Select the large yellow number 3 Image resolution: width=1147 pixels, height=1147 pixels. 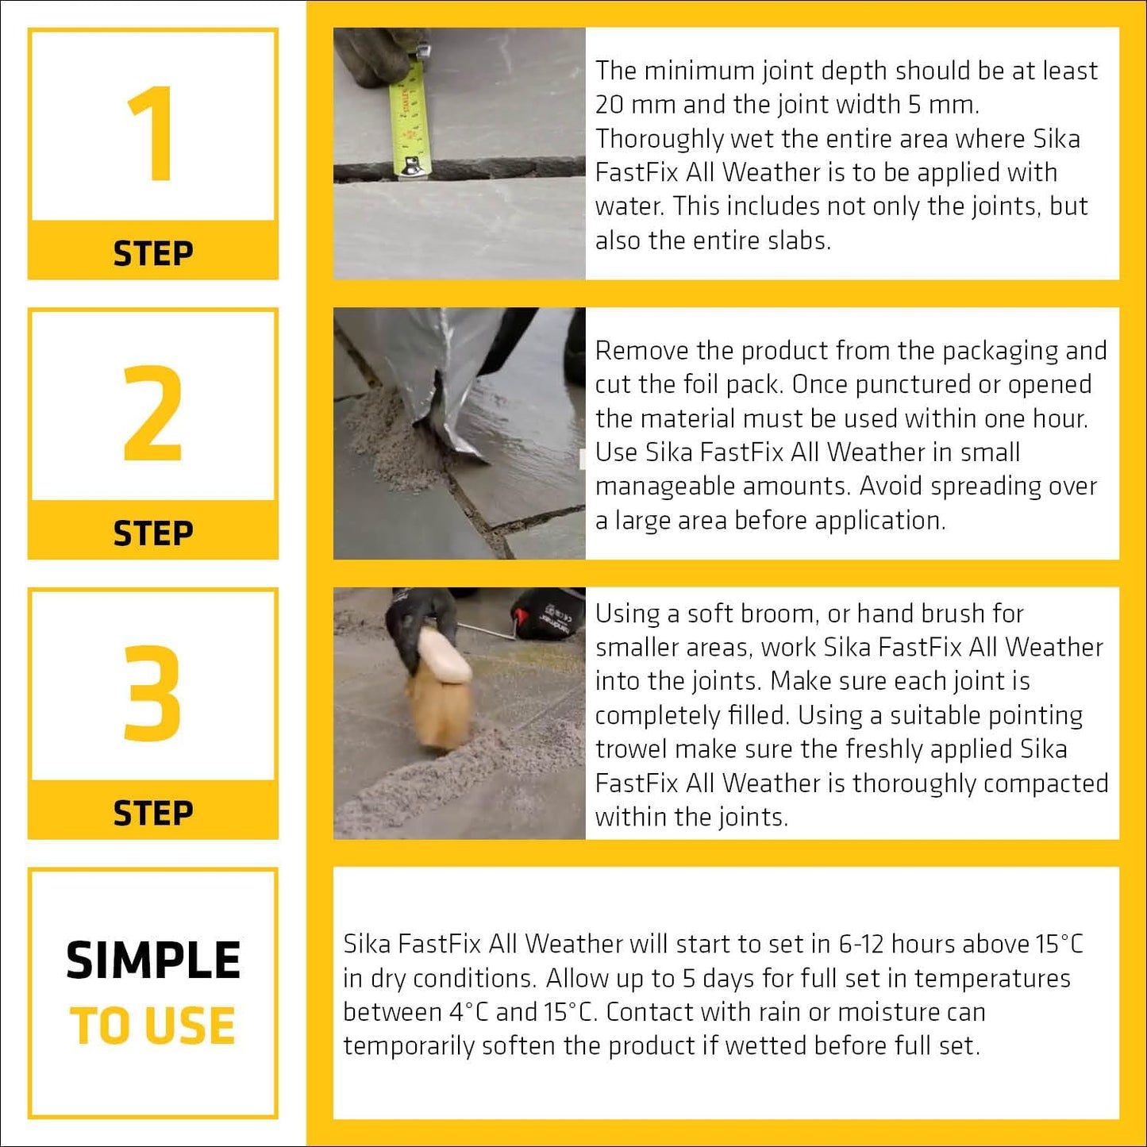point(152,693)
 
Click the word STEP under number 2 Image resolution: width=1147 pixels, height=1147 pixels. point(152,533)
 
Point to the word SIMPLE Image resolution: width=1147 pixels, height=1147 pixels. point(152,960)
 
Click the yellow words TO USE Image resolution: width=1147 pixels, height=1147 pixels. point(152,1026)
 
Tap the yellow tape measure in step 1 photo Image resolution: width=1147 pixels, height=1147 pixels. point(410,119)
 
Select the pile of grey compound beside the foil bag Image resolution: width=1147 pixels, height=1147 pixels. point(389,445)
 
